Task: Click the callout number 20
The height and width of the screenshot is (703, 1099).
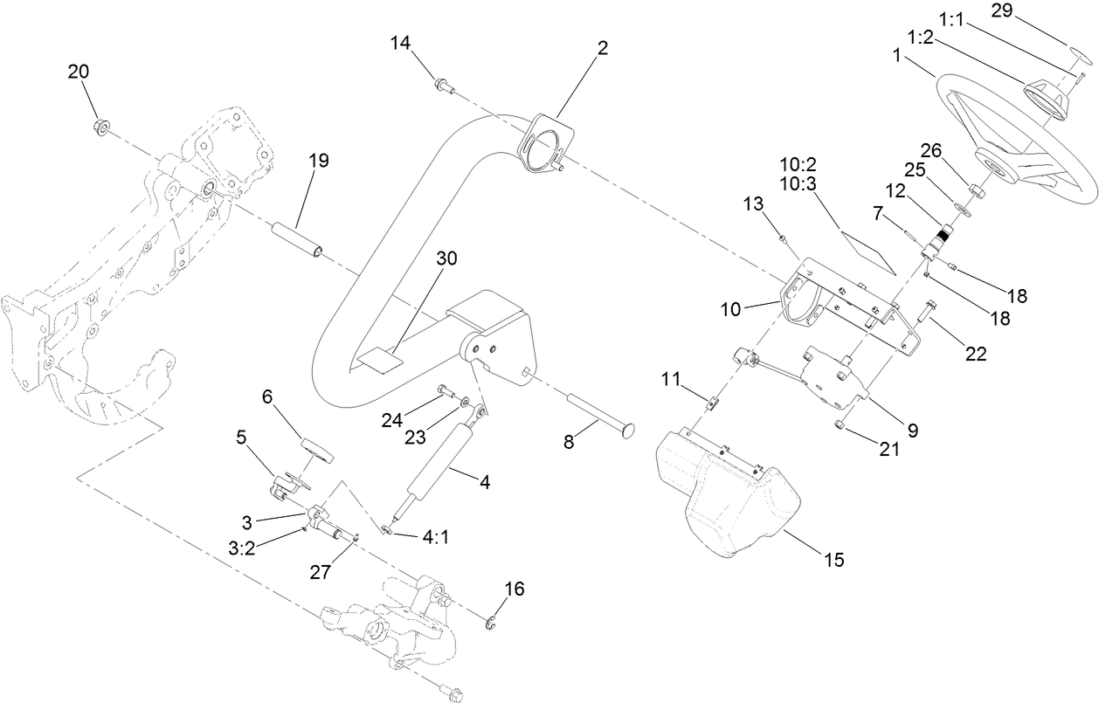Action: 79,72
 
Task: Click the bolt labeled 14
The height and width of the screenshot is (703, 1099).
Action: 443,84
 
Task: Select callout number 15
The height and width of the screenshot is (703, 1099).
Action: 834,560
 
